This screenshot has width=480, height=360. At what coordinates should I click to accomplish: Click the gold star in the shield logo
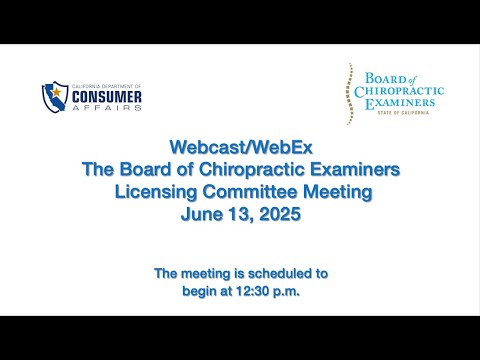point(57,91)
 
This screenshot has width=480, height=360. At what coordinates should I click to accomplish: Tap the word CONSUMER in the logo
point(107,97)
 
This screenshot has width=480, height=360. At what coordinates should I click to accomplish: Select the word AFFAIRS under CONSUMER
point(107,108)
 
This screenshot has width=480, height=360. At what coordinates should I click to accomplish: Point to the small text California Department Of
point(107,86)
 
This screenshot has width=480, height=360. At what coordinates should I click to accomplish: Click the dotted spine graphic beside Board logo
point(349,94)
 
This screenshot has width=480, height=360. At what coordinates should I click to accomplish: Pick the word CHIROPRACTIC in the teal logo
point(399,91)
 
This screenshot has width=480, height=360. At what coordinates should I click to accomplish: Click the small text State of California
point(403,113)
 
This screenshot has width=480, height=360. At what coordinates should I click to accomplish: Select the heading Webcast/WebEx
point(241,147)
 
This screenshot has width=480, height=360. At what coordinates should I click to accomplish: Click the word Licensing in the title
point(156,192)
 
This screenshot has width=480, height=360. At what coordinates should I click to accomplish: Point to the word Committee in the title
point(250,192)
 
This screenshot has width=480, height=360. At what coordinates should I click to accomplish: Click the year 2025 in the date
point(280,214)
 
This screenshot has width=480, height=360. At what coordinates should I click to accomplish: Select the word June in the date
point(202,214)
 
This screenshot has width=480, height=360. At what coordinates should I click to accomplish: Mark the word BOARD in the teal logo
point(386,79)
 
